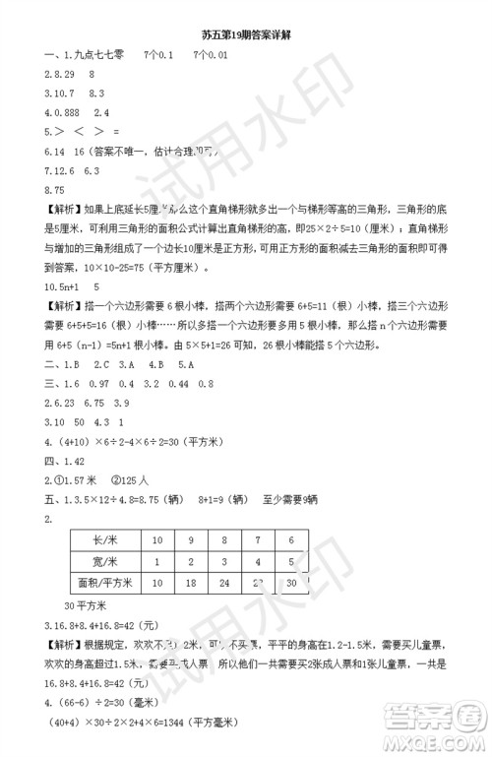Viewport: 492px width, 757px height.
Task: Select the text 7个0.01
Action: pos(210,55)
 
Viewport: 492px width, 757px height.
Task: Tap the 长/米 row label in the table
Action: pos(104,539)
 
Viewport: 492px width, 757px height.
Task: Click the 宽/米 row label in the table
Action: pos(104,561)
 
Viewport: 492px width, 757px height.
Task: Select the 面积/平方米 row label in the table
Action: pos(104,584)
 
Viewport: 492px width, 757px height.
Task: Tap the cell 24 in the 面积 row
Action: pos(227,584)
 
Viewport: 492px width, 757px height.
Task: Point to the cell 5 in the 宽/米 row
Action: pos(290,561)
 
